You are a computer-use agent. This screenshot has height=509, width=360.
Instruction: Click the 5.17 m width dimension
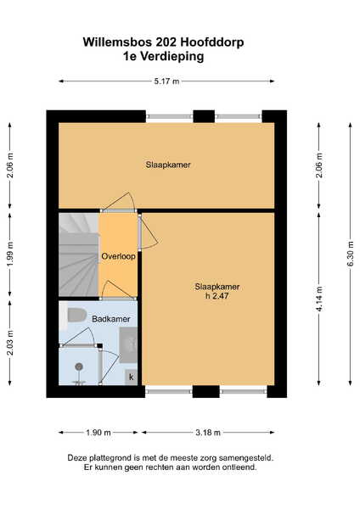166,81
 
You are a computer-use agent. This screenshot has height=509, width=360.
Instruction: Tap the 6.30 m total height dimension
351,254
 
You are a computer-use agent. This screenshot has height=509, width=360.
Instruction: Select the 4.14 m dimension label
319,299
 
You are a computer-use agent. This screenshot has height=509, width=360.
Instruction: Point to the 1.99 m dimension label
10,255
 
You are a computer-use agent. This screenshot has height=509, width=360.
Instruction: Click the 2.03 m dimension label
10,343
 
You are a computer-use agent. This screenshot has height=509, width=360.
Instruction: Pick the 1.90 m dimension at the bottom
98,433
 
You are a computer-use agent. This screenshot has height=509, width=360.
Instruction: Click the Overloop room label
118,256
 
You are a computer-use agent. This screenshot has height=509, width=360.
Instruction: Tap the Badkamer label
110,319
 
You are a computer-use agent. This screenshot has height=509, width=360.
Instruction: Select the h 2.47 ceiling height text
217,296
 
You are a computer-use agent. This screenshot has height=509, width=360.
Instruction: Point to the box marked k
132,378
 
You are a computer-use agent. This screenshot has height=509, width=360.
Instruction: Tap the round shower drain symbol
79,366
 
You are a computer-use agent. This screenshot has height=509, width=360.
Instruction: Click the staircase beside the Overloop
79,255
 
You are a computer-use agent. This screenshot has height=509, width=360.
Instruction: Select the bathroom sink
128,344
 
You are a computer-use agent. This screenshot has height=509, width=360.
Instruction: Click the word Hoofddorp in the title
212,42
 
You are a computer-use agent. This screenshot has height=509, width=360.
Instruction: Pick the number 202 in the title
166,42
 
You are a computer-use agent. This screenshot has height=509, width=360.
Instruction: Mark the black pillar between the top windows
204,116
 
